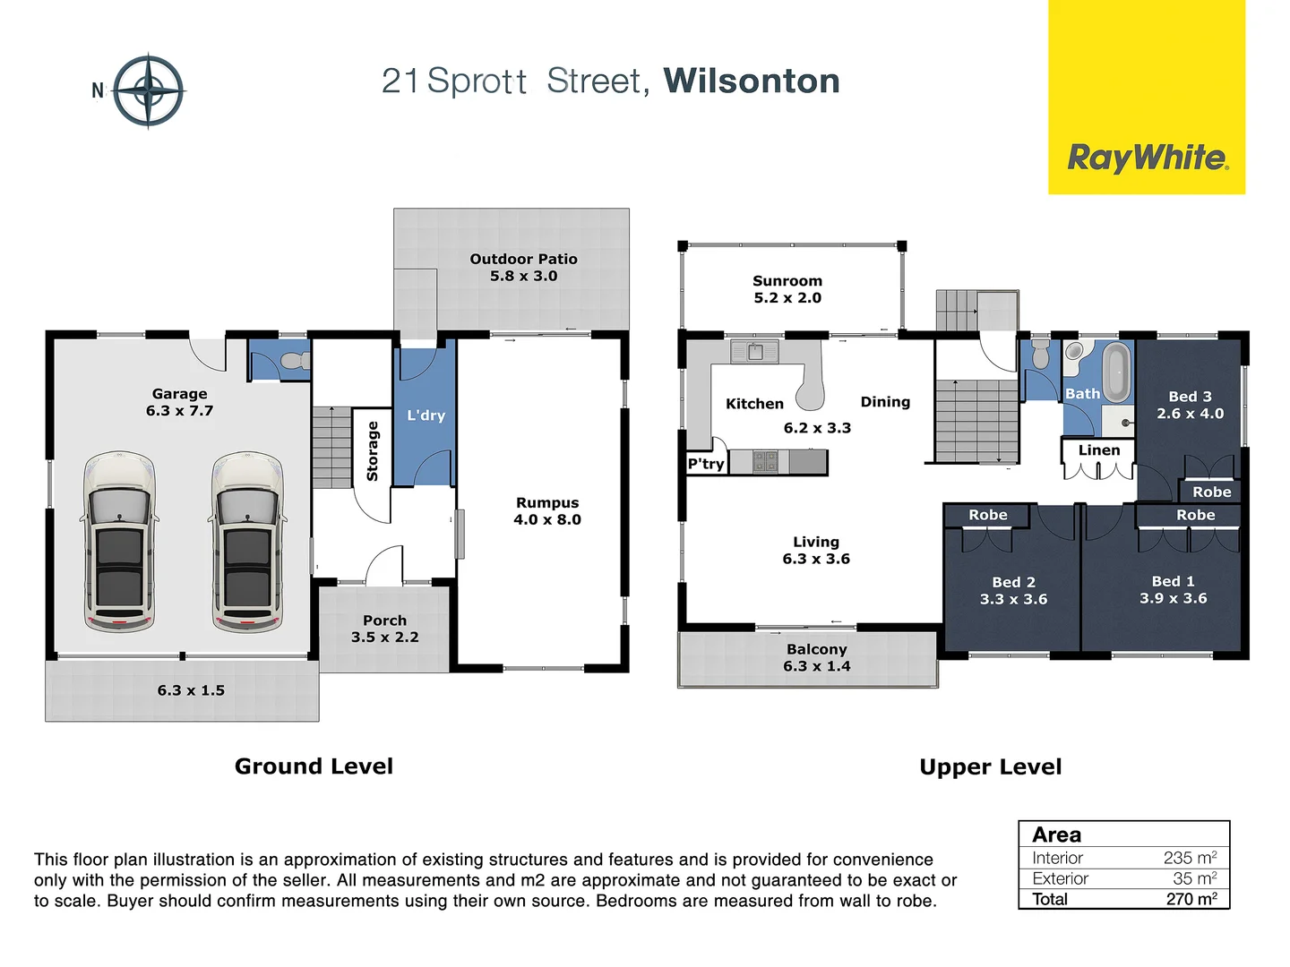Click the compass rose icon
149,90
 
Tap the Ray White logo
1147,158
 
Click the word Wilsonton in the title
751,81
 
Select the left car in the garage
119,541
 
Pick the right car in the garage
247,541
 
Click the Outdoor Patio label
523,267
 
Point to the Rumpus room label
547,510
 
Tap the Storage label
373,451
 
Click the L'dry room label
426,415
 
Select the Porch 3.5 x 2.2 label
384,629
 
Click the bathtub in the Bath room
1116,371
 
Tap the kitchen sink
754,352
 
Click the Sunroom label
787,288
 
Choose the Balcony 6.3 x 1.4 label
816,657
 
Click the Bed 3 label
1190,404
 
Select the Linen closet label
1098,450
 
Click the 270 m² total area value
1191,899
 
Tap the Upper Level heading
990,767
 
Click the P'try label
706,464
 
